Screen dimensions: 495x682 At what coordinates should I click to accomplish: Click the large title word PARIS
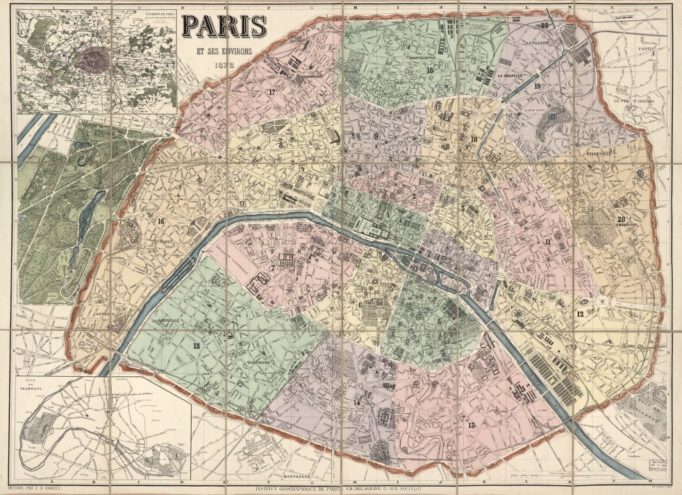pyautogui.click(x=224, y=26)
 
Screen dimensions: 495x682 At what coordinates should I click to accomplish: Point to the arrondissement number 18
pyautogui.click(x=430, y=70)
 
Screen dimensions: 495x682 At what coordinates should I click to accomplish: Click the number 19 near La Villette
pyautogui.click(x=538, y=86)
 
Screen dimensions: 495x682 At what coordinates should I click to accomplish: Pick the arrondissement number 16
pyautogui.click(x=160, y=221)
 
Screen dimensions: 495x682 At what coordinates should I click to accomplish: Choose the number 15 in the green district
pyautogui.click(x=197, y=346)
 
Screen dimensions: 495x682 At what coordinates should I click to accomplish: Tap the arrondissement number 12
pyautogui.click(x=579, y=314)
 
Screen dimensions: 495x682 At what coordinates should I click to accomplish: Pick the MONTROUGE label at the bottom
pyautogui.click(x=300, y=476)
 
